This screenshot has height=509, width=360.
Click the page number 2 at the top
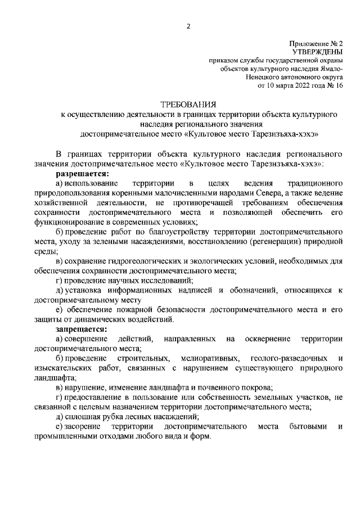point(189,26)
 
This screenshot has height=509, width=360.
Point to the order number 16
point(338,85)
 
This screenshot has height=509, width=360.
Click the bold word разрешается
point(82,174)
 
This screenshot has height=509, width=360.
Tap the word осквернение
point(267,339)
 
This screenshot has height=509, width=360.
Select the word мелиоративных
point(206,358)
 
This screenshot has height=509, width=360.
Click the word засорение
point(85,426)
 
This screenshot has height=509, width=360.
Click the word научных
point(128,280)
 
